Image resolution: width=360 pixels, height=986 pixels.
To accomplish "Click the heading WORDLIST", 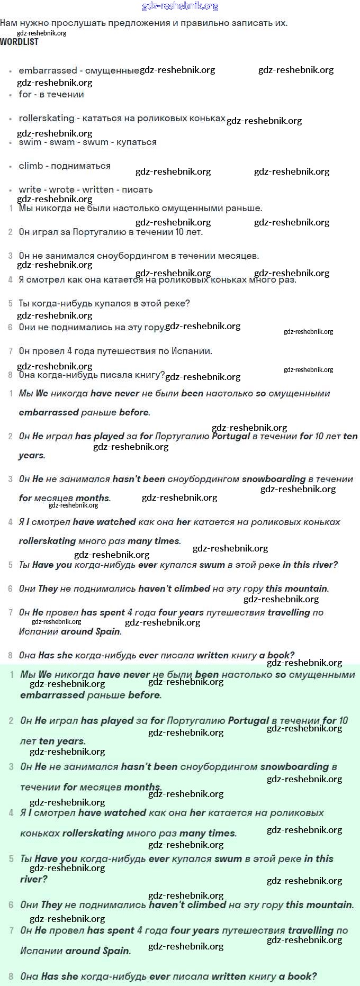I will [x=19, y=42].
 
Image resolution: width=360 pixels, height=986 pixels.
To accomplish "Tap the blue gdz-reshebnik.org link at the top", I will [x=180, y=6].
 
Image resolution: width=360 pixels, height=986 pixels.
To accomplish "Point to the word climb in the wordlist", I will [x=31, y=166].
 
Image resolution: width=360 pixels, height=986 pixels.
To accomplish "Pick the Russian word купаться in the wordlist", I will [x=136, y=142].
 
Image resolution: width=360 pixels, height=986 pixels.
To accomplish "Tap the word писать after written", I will [x=137, y=189].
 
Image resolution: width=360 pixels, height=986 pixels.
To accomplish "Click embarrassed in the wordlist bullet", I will [x=48, y=70].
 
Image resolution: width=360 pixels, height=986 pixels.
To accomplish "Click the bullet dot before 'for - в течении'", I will [x=10, y=95].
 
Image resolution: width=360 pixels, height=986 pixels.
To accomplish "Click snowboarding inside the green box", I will [x=294, y=766].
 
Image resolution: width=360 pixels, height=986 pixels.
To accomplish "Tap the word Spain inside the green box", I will [x=116, y=951].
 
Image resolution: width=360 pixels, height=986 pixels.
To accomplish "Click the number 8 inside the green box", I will [x=11, y=976].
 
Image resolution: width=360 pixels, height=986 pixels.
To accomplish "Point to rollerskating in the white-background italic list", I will [x=47, y=541].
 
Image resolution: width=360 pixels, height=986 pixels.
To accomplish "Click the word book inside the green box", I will [x=301, y=976].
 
